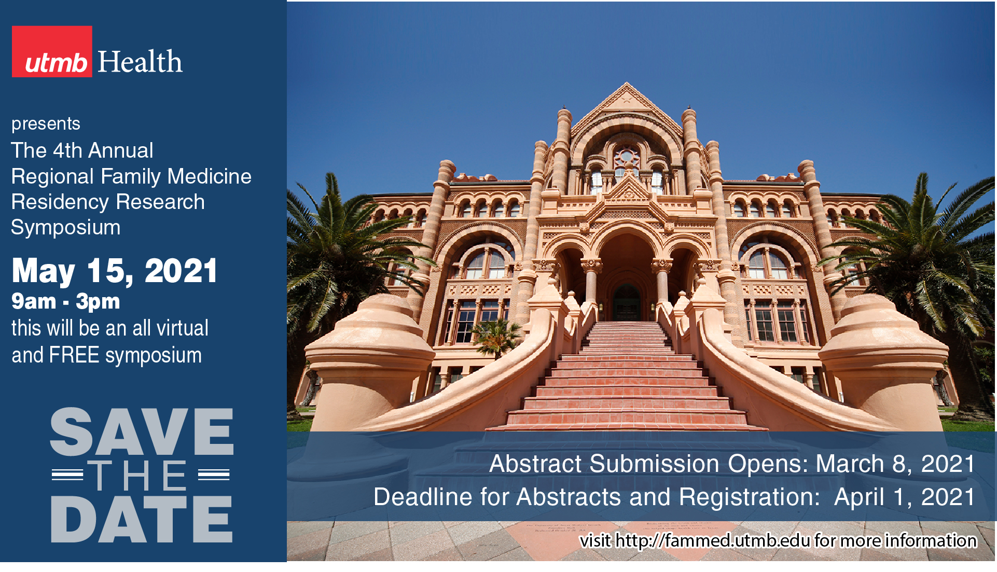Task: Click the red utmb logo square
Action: pyautogui.click(x=52, y=51)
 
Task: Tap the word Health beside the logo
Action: pyautogui.click(x=140, y=62)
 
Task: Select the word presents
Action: pyautogui.click(x=46, y=124)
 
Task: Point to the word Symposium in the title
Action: pyautogui.click(x=66, y=228)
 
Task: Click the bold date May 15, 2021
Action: pyautogui.click(x=115, y=271)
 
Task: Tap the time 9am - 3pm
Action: pyautogui.click(x=66, y=301)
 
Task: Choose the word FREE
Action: pyautogui.click(x=74, y=355)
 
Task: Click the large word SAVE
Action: pyautogui.click(x=142, y=432)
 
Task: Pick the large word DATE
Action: pyautogui.click(x=142, y=519)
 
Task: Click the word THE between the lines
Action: pyautogui.click(x=137, y=476)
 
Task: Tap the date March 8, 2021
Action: pyautogui.click(x=895, y=464)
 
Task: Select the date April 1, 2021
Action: pyautogui.click(x=905, y=497)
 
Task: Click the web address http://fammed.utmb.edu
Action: pyautogui.click(x=712, y=541)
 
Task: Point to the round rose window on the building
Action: pyautogui.click(x=627, y=156)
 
